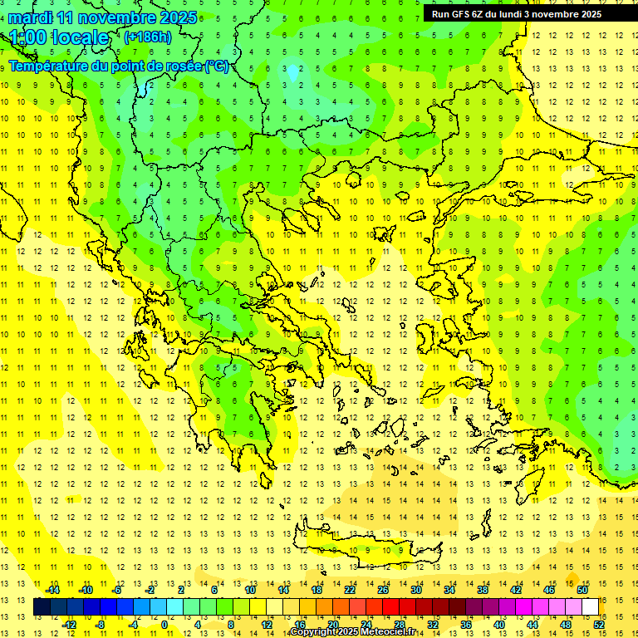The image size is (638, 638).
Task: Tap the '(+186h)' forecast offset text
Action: pyautogui.click(x=148, y=37)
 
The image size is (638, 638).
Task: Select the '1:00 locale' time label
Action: pyautogui.click(x=59, y=37)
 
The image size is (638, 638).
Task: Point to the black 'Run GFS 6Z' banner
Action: pyautogui.click(x=523, y=13)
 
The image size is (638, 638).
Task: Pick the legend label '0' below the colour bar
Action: pyautogui.click(x=164, y=625)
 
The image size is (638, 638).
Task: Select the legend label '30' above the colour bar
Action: pyautogui.click(x=415, y=590)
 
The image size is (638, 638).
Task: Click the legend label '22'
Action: pyautogui.click(x=350, y=590)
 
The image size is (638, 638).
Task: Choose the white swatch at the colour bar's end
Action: pyautogui.click(x=591, y=607)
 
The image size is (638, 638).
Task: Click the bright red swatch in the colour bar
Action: pyautogui.click(x=391, y=607)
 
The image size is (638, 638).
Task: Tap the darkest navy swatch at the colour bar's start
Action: pyautogui.click(x=42, y=607)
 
